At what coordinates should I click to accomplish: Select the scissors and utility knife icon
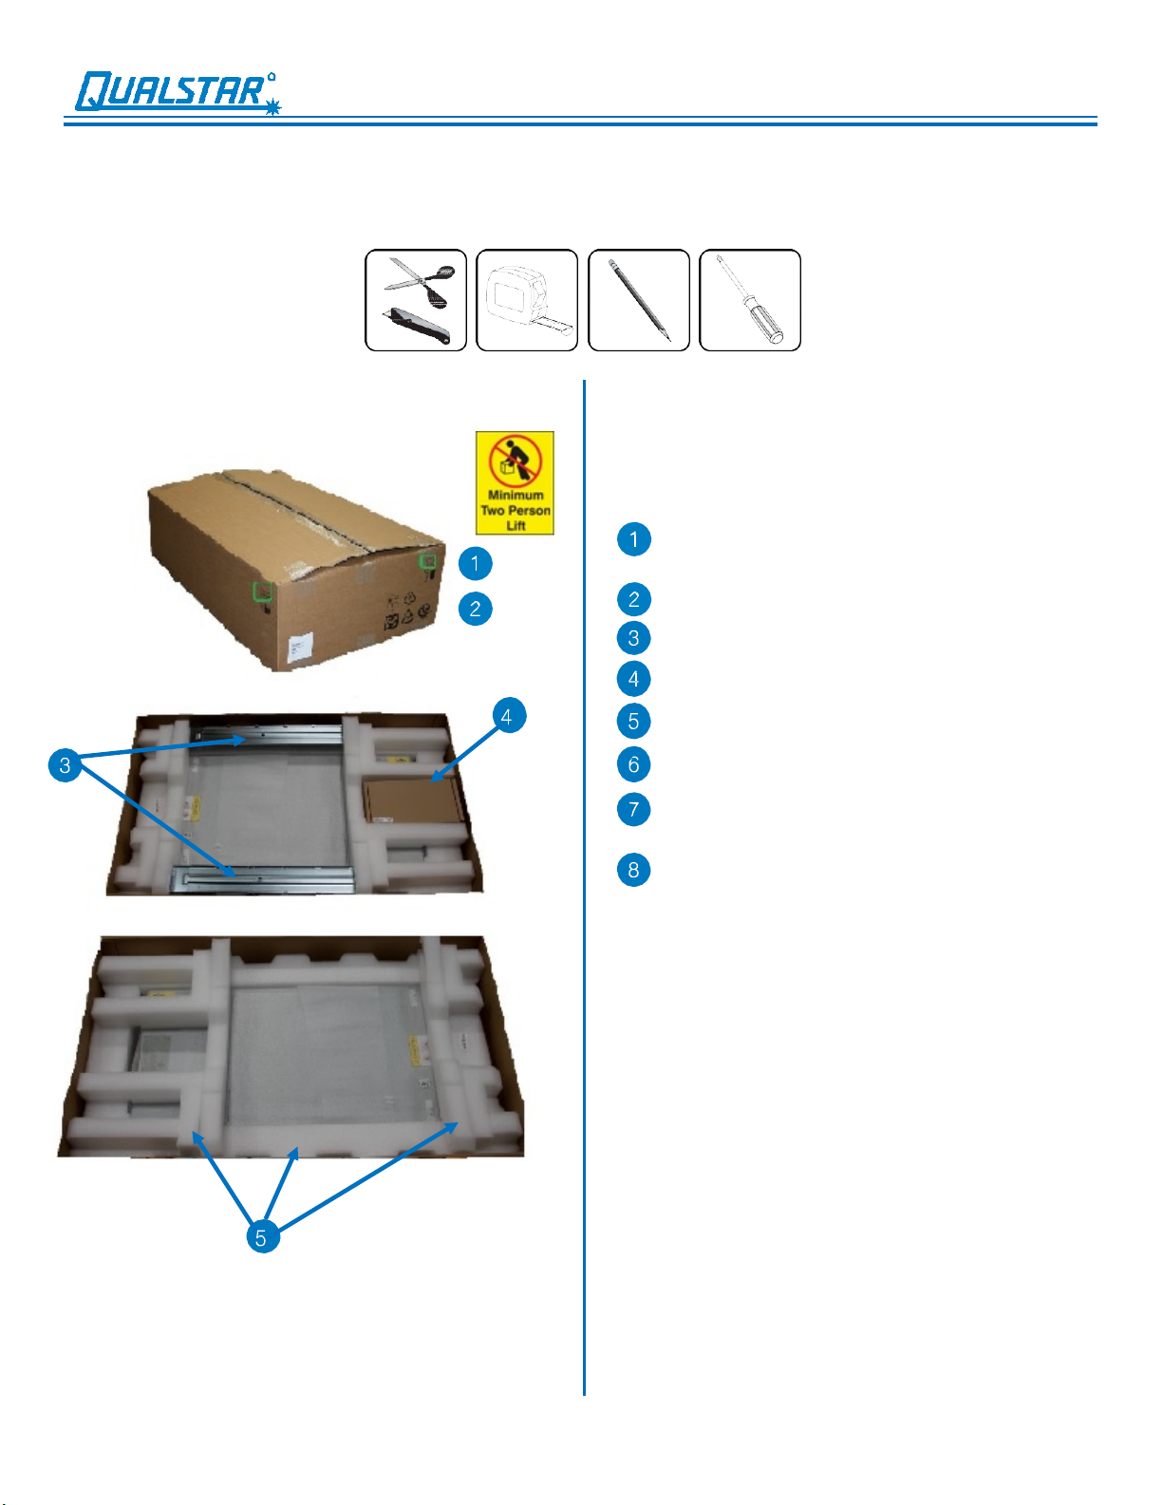pos(416,300)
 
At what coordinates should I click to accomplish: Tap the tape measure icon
pos(527,300)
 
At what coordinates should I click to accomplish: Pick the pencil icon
pos(639,300)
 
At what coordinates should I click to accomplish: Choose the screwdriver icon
pos(750,300)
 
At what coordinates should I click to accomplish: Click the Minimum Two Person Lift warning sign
pos(515,483)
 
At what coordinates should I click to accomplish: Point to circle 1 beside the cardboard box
pos(475,563)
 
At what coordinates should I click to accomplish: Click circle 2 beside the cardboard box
pos(475,608)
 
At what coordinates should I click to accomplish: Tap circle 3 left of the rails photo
pos(65,765)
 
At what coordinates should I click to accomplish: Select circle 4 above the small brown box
pos(507,716)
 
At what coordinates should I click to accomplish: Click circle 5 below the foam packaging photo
pos(261,1236)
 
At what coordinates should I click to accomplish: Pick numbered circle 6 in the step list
pos(633,763)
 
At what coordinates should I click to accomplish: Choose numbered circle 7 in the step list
pos(633,809)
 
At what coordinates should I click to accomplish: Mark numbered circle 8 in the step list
pos(633,869)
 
